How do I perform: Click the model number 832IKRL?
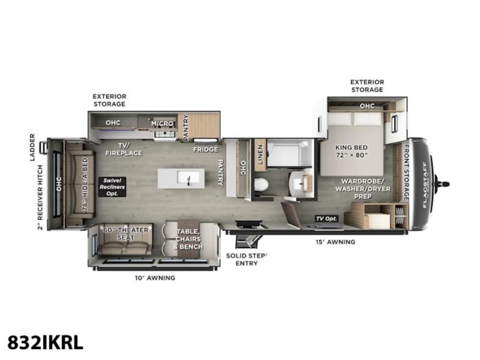[46, 342]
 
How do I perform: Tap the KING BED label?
[352, 148]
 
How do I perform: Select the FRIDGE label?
[205, 149]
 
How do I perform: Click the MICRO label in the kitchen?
[162, 124]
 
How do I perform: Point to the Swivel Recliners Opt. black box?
[112, 187]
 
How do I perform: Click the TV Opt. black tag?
[326, 218]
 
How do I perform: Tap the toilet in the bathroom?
[261, 185]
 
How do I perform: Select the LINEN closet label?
[260, 155]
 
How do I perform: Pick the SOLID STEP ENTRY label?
[247, 260]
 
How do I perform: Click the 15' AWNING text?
[335, 242]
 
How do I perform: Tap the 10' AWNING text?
[155, 278]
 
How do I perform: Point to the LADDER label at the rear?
[32, 147]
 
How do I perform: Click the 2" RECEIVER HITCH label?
[40, 197]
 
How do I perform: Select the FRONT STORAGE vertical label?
[406, 173]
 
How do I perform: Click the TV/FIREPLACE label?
[124, 149]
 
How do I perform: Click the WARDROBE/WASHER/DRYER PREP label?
[363, 189]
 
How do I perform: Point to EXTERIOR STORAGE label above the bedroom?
[367, 86]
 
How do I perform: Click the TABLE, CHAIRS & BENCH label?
[188, 239]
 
